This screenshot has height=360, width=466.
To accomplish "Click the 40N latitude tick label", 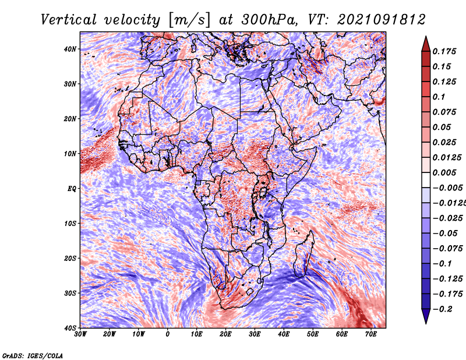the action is (x=70, y=49).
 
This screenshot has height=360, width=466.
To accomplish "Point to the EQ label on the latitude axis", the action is (x=72, y=189).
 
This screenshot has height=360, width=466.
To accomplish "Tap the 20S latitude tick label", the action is (x=70, y=258).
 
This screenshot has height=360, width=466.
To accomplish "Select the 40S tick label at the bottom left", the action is (x=70, y=328).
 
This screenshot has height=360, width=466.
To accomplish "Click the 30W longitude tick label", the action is (x=80, y=334).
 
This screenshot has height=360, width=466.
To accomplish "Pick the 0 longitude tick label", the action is (x=168, y=334).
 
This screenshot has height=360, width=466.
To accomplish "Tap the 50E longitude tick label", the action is (x=313, y=334).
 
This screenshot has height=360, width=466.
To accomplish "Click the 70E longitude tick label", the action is (x=371, y=334).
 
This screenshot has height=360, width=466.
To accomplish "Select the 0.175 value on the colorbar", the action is (x=444, y=51).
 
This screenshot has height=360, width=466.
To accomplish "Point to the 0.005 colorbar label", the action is (x=444, y=172).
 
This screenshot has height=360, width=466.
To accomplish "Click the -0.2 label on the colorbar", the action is (x=442, y=309).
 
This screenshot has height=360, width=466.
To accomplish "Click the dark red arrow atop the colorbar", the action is (x=426, y=44).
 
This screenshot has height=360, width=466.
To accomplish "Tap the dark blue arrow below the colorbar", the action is (x=426, y=316).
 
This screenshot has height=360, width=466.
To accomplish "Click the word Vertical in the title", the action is (x=69, y=20).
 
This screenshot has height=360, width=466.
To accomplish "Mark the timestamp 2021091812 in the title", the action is (x=382, y=20).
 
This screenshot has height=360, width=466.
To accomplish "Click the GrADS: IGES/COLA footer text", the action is (x=33, y=355).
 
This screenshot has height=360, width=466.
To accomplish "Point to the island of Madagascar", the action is (x=303, y=255).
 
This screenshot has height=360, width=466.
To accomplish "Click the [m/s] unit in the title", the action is (x=189, y=20).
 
